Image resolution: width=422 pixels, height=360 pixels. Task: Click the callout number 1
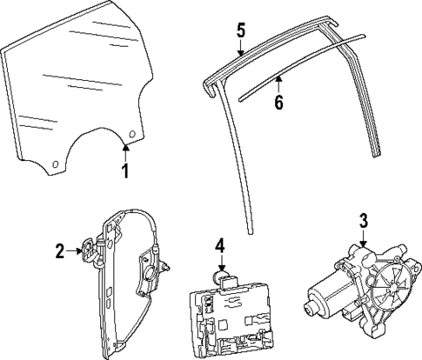click(124, 170)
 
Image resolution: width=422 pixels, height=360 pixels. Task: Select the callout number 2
click(60, 252)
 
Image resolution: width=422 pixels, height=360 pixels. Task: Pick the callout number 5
click(241, 30)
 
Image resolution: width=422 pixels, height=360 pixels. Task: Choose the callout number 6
click(278, 102)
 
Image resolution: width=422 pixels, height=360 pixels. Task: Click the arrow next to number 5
click(241, 47)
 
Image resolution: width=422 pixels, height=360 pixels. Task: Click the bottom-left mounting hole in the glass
click(56, 163)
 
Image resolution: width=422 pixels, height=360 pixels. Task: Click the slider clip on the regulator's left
click(90, 251)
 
